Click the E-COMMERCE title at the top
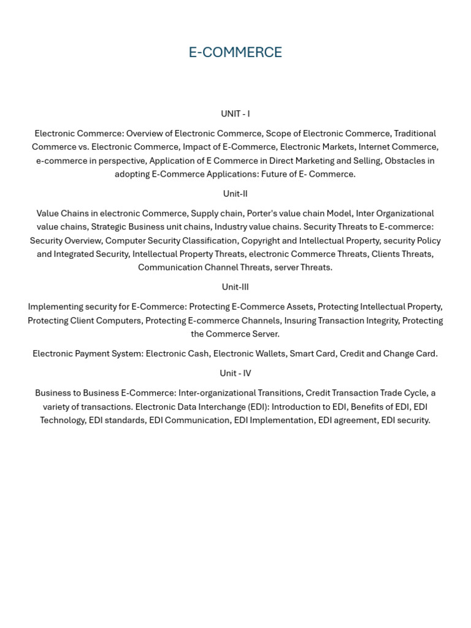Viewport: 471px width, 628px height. coord(235,53)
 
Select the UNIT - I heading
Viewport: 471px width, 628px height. coord(235,114)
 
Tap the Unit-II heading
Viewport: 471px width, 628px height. coord(235,194)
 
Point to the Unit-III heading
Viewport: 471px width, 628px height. coord(235,287)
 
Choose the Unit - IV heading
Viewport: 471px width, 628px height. coord(235,373)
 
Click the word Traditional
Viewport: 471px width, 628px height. coord(415,134)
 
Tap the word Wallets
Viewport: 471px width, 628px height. coord(269,354)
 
